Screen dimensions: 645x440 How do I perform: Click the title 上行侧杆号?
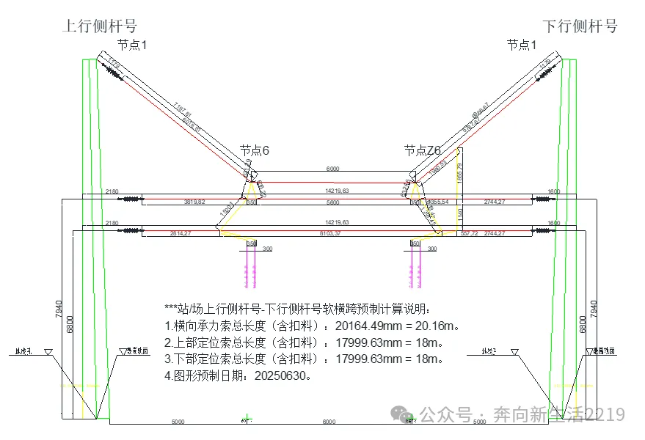(101, 26)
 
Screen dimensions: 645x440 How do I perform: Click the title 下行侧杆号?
(580, 26)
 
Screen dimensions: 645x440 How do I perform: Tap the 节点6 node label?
(255, 150)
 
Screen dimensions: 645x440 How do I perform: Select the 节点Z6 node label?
(423, 150)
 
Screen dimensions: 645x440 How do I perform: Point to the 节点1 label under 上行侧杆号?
(133, 45)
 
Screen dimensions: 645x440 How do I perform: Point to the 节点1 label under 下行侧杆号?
(522, 45)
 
